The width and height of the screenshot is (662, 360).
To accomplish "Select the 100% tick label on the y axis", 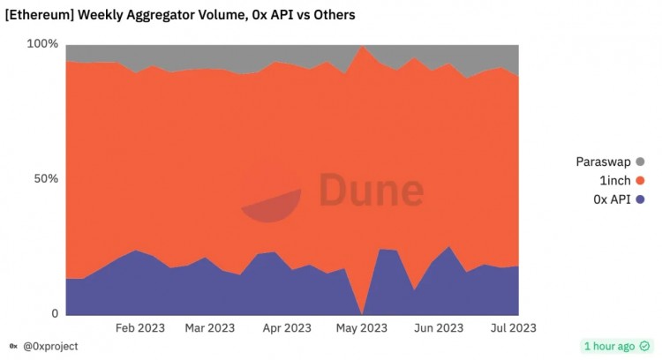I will click(x=42, y=44).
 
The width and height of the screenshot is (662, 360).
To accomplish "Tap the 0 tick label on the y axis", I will click(x=54, y=314).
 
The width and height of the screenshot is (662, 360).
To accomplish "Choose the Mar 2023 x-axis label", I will click(x=210, y=328).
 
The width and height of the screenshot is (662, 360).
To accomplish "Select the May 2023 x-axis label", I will click(x=361, y=328).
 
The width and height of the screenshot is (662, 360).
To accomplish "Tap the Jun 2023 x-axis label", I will click(x=438, y=328).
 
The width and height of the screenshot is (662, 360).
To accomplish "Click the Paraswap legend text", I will click(x=603, y=161).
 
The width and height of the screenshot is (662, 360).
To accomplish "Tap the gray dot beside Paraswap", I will click(x=640, y=161).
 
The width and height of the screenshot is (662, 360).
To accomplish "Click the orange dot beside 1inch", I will click(x=640, y=180).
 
